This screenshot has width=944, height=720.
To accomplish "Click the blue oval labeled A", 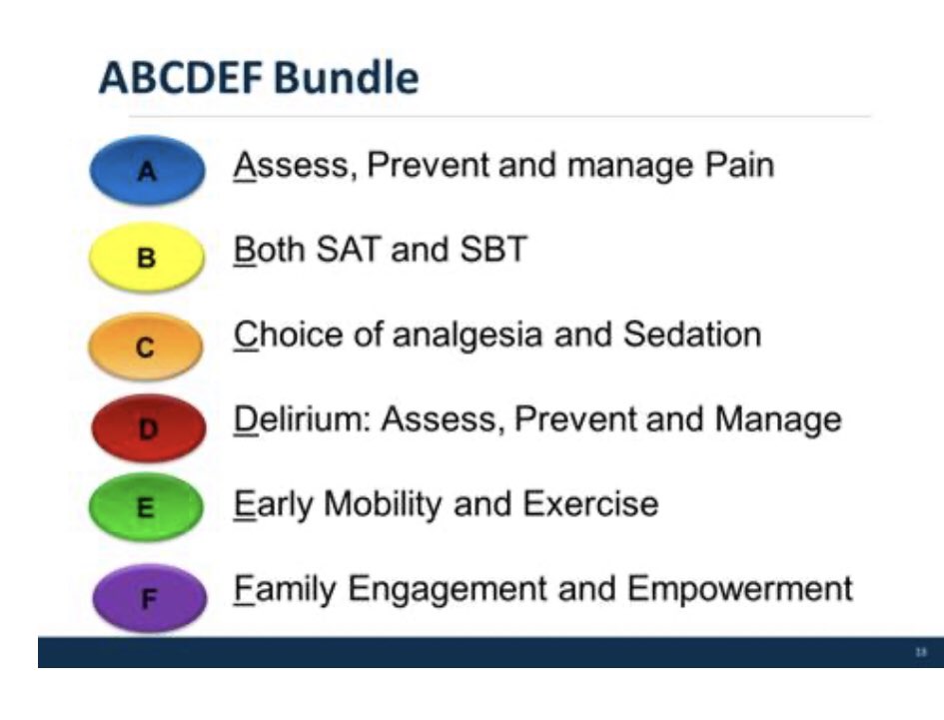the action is point(147,171).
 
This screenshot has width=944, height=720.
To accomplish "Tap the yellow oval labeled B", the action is point(147,257).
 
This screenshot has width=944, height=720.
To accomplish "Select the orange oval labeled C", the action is point(146,347).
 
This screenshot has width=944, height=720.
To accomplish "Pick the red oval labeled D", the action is point(148,428).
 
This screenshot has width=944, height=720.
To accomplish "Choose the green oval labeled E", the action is point(146,507).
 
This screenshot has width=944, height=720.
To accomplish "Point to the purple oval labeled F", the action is point(149,598).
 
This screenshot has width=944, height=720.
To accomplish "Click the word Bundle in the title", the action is point(347,78).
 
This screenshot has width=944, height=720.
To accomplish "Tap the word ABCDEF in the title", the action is point(181,78).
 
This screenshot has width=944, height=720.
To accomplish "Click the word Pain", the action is point(739,165).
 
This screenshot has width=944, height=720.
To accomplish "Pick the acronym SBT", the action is point(493,250).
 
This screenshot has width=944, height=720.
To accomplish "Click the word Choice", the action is point(289,335).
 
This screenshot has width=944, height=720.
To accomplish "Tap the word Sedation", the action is point(692,335).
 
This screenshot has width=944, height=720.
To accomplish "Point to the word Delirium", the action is point(303,419).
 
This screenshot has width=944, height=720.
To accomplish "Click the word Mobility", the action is point(383,505).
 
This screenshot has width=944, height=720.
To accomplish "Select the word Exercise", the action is point(590,504).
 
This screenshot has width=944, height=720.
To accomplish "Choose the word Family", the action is point(285,590).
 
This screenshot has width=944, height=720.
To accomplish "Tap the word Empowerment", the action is point(740,590).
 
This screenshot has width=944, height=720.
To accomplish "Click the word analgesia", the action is point(468,336).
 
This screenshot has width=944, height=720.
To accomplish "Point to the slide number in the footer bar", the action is point(920,652).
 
